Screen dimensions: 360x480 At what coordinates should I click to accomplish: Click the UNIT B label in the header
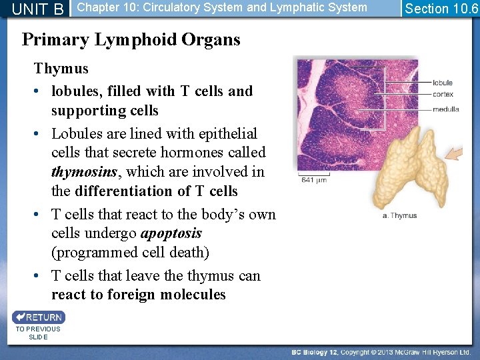click(38, 9)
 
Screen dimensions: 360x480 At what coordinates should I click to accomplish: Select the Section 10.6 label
click(441, 9)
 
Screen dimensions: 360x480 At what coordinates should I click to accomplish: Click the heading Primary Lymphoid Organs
click(131, 39)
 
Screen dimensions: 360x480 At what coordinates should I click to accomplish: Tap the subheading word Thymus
click(61, 68)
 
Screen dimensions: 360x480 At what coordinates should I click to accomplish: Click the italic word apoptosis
click(171, 233)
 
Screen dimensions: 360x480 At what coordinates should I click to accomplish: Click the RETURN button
click(39, 317)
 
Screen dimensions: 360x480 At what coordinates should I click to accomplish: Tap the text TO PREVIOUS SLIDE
click(38, 333)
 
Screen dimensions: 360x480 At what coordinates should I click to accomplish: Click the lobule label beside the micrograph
click(442, 83)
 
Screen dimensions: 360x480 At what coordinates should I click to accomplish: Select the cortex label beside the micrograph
click(443, 95)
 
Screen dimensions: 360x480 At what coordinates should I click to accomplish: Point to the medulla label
click(445, 109)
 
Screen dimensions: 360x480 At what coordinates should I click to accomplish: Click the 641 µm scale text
click(313, 179)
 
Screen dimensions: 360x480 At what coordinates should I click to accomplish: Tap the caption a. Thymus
click(399, 215)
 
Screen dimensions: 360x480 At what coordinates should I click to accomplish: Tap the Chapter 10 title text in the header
click(222, 7)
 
